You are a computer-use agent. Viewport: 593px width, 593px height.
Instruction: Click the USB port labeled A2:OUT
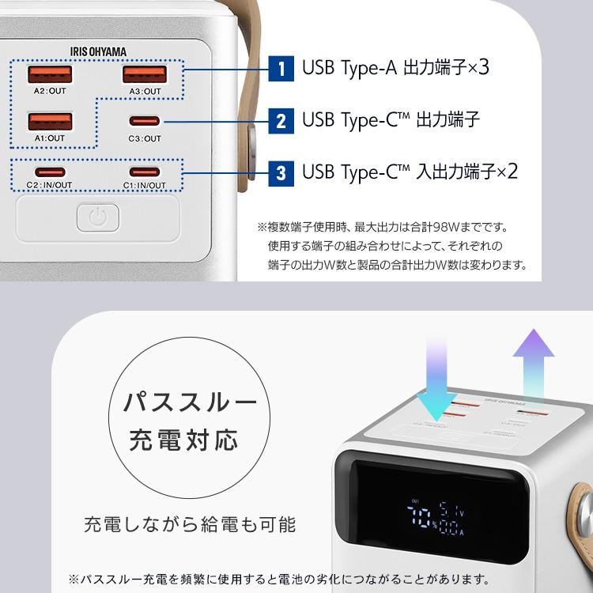click(x=51, y=75)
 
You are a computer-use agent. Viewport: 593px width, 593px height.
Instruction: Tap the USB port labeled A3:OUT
click(x=145, y=75)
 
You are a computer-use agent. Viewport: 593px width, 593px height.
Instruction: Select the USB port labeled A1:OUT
click(x=51, y=123)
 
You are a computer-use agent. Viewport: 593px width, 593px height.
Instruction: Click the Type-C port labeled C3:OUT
click(x=145, y=123)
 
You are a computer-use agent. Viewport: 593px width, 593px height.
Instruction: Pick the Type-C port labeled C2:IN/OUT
click(x=50, y=172)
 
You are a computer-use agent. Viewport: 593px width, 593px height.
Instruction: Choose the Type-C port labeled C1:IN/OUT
click(x=145, y=172)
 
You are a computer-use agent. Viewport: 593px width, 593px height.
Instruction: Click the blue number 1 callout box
click(x=281, y=68)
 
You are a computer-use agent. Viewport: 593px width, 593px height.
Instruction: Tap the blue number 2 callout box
click(x=281, y=122)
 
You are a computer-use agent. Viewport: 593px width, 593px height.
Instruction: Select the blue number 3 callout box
click(x=281, y=172)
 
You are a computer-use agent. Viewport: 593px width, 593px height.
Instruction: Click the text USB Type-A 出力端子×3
click(x=395, y=68)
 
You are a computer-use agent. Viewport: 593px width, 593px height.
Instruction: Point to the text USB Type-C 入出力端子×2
click(x=410, y=172)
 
